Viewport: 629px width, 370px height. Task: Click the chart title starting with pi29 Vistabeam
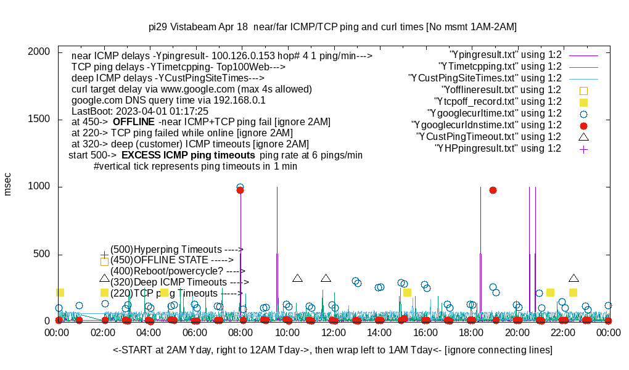point(332,27)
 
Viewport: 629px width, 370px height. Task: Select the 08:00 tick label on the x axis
point(240,332)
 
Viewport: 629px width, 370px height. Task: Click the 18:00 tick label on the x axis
point(471,332)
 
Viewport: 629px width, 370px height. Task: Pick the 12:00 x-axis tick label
point(332,332)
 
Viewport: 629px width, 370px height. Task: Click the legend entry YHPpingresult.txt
point(498,149)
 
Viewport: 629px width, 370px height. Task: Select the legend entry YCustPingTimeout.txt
point(488,137)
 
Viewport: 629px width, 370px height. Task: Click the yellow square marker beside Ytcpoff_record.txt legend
point(583,102)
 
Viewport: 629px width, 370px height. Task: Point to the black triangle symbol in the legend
point(583,136)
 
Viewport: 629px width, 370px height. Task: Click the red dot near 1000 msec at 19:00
point(493,190)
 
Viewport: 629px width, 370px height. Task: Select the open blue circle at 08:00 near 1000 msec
point(240,187)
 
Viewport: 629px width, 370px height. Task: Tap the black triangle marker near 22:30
point(573,279)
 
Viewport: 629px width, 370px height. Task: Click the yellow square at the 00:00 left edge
point(60,292)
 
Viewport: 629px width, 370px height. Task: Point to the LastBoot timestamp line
point(140,111)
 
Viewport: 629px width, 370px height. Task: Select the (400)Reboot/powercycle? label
point(178,271)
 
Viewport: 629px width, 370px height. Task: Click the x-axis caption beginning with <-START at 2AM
point(332,350)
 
